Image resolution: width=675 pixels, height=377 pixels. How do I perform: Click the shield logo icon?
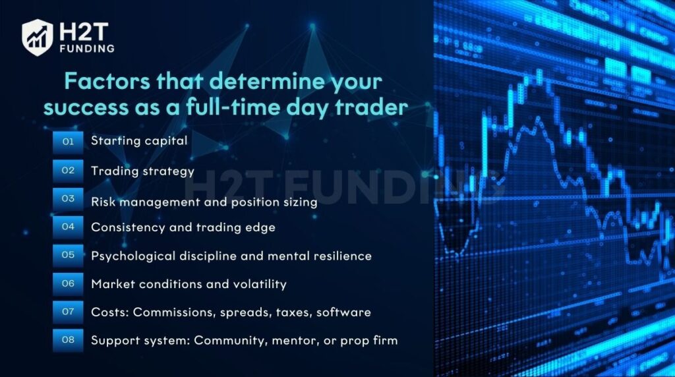38,38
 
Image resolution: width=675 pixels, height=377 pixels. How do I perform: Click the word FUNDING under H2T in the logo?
88,49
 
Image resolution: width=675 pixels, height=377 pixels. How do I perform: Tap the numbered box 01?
68,142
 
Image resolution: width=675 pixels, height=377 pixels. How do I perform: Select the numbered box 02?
68,171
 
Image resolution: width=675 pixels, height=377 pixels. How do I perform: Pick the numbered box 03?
68,199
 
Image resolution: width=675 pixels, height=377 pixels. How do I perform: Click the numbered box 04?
68,227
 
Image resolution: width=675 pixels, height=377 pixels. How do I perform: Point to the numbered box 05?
68,255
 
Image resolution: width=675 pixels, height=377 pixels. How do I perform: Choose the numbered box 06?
68,283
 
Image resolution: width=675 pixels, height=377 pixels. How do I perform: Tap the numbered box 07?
68,312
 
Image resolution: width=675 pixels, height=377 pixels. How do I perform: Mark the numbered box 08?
68,340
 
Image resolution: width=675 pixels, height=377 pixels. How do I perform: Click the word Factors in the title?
107,81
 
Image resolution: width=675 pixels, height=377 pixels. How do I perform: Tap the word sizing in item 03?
300,202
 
